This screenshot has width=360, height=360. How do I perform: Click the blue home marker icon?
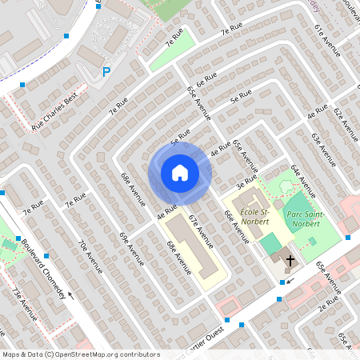point(180,173)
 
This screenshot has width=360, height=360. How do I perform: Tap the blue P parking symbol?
point(106,72)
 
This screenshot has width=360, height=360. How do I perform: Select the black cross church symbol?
point(290,260)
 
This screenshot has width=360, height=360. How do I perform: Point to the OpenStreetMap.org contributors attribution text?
point(104,354)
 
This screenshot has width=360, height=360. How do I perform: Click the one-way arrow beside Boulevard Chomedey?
point(71,294)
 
